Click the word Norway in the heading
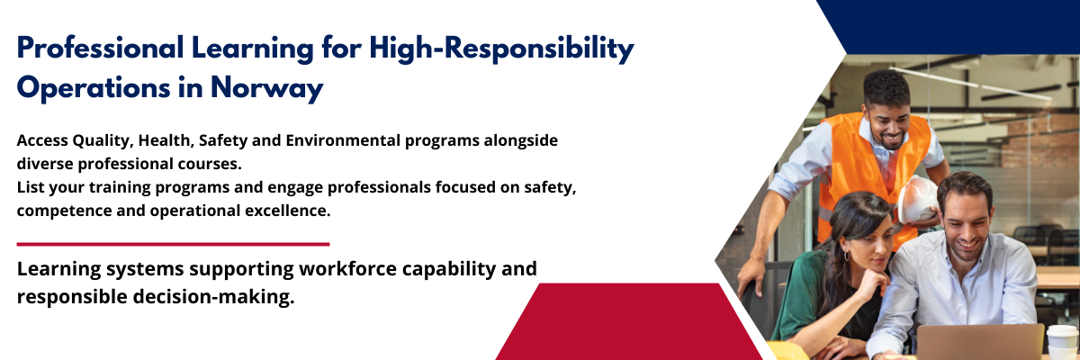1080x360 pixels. [266, 87]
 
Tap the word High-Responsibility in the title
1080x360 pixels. [502, 49]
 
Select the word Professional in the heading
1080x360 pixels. [100, 49]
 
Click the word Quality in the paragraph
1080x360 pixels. [103, 141]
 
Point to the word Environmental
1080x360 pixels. [343, 140]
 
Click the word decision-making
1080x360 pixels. [213, 297]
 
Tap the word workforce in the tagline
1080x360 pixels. [347, 268]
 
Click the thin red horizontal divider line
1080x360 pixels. [173, 244]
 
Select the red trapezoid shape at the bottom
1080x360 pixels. [629, 321]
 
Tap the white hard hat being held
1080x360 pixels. [916, 201]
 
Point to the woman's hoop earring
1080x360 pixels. [846, 255]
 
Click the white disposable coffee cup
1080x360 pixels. [1062, 342]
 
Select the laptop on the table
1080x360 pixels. [980, 342]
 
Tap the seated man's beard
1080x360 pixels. [967, 247]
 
